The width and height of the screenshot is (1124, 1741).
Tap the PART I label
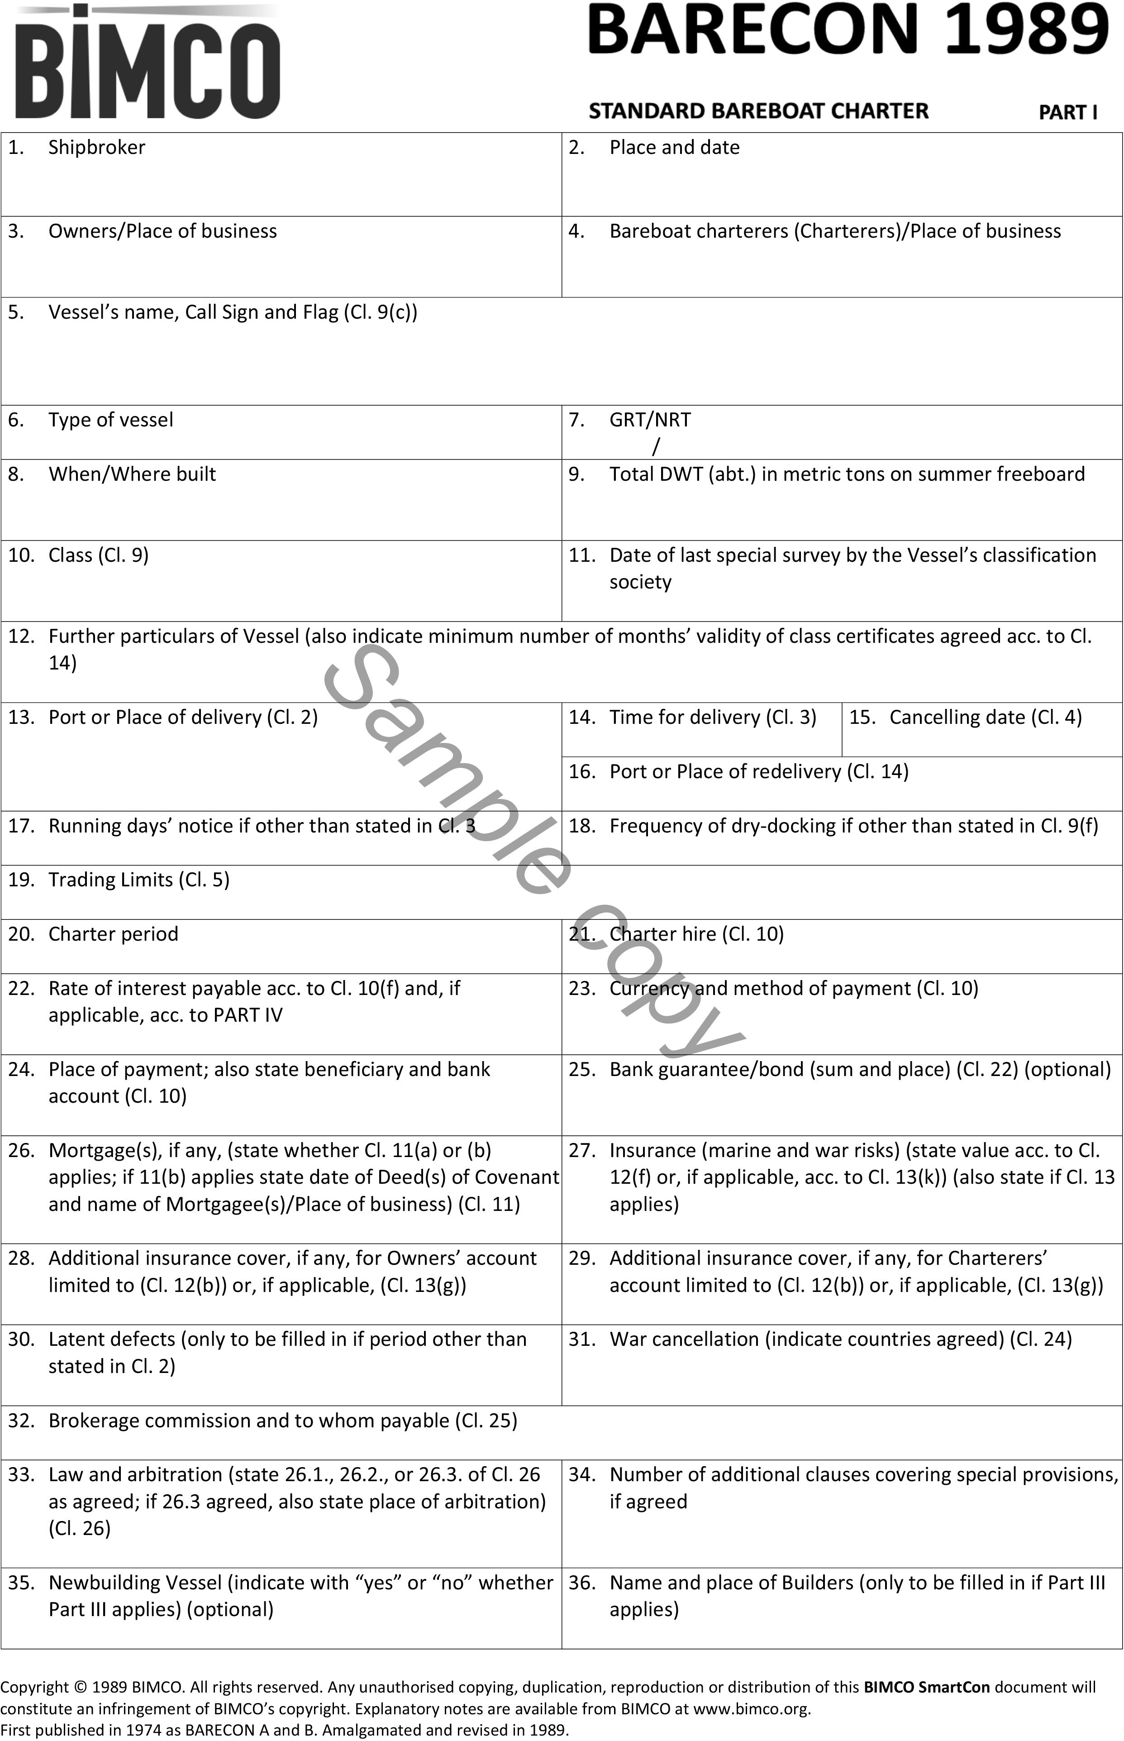click(x=1068, y=112)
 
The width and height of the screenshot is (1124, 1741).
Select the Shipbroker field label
click(x=96, y=148)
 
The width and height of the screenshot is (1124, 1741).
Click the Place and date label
click(x=674, y=148)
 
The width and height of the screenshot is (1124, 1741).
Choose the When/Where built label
click(x=132, y=474)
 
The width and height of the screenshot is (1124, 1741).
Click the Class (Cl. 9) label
click(x=99, y=555)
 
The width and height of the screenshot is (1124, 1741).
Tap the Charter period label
click(x=113, y=934)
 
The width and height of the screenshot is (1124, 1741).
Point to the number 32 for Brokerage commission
click(x=21, y=1421)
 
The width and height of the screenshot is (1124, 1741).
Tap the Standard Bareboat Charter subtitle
click(x=758, y=111)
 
